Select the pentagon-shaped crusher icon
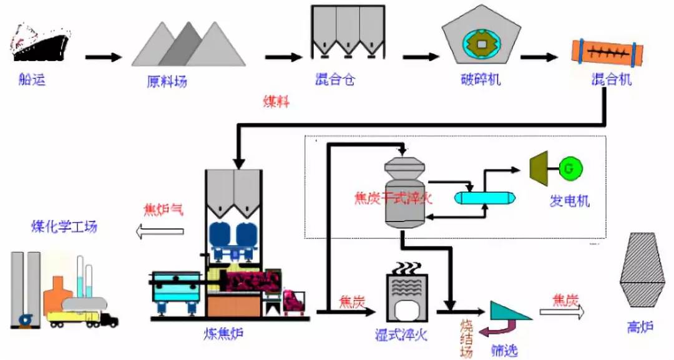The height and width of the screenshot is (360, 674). click(480, 41)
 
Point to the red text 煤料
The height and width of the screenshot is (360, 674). click(276, 102)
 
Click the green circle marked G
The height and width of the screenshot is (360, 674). click(569, 167)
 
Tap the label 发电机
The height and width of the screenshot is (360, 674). click(569, 202)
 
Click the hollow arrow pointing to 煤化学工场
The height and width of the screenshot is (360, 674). click(159, 231)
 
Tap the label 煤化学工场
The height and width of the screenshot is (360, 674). click(64, 226)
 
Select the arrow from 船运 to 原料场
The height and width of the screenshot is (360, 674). click(103, 57)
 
